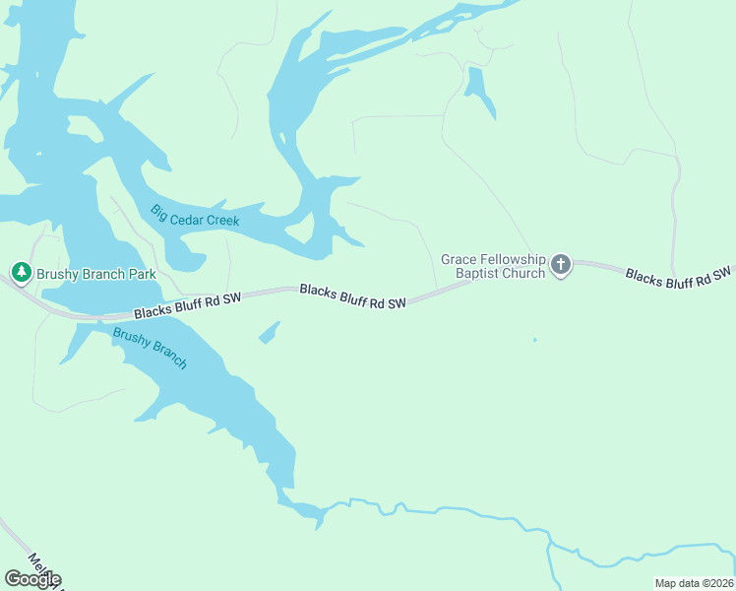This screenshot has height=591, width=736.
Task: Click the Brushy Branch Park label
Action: coord(96,274)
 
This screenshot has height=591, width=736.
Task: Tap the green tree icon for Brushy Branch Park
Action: coord(21,271)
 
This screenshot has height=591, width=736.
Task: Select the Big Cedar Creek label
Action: coord(195,216)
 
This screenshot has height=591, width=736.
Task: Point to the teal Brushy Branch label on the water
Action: coord(150,348)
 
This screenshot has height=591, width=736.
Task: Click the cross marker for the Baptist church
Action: coord(561,264)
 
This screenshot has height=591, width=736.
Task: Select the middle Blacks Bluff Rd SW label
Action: coord(352,296)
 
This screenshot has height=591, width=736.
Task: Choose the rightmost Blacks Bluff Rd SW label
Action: coord(679,277)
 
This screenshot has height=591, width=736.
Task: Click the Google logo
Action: coord(31,578)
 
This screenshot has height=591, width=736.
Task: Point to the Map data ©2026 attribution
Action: coord(695,583)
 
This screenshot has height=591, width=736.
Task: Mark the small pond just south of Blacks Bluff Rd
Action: coord(268,334)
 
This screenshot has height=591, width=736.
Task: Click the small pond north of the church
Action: coord(478,91)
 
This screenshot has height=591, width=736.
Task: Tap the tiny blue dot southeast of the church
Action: coord(534,340)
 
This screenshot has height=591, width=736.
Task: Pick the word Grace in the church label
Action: coord(459,260)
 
